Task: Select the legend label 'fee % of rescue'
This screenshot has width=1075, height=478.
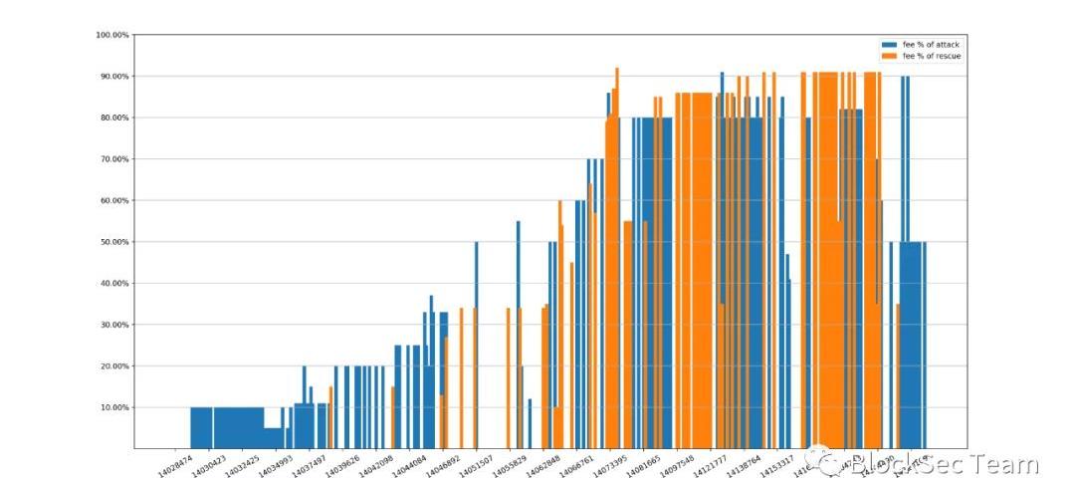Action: point(932,57)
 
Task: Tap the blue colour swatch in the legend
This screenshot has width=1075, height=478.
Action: point(889,46)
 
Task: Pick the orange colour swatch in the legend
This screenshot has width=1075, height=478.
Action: point(889,57)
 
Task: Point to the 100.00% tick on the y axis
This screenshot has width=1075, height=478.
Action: point(112,35)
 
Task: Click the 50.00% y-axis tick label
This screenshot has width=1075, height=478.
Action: point(114,242)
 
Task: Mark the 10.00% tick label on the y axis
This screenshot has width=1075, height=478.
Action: point(114,407)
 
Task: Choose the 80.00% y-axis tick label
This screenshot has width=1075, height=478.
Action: point(114,118)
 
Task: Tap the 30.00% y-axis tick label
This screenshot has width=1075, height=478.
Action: point(114,325)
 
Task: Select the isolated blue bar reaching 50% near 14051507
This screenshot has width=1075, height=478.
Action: point(476,344)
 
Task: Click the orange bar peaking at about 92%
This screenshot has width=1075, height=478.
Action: point(617,259)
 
